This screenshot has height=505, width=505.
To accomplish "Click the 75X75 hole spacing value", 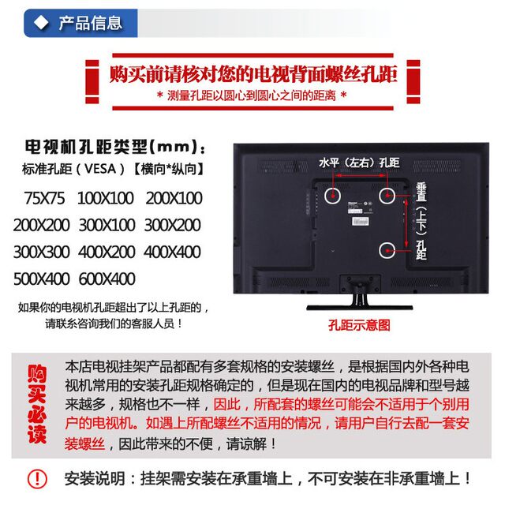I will pos(45,197).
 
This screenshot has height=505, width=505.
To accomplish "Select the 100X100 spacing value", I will pos(105,197).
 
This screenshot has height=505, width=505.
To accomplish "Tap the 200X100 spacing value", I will pos(174,197).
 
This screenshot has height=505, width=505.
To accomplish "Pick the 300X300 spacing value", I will pos(41,252).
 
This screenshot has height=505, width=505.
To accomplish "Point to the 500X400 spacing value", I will pos(41,279).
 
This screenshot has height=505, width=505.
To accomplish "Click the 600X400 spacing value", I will pos(107,279).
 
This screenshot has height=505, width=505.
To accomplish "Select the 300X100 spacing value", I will pos(107,225).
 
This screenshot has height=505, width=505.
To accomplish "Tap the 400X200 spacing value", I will pos(107,252).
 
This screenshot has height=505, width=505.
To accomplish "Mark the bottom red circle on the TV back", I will pos(387,250).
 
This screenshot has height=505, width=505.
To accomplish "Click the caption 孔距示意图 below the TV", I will pos(359,324).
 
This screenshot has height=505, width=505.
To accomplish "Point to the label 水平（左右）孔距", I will pos(359,163).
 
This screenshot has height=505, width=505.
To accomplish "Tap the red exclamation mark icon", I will pos(37,478).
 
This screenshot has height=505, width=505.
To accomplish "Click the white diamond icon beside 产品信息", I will pos(42,23).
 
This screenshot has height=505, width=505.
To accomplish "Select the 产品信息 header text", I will pos(90,23).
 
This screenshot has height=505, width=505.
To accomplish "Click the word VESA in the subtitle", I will pos(100,169).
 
